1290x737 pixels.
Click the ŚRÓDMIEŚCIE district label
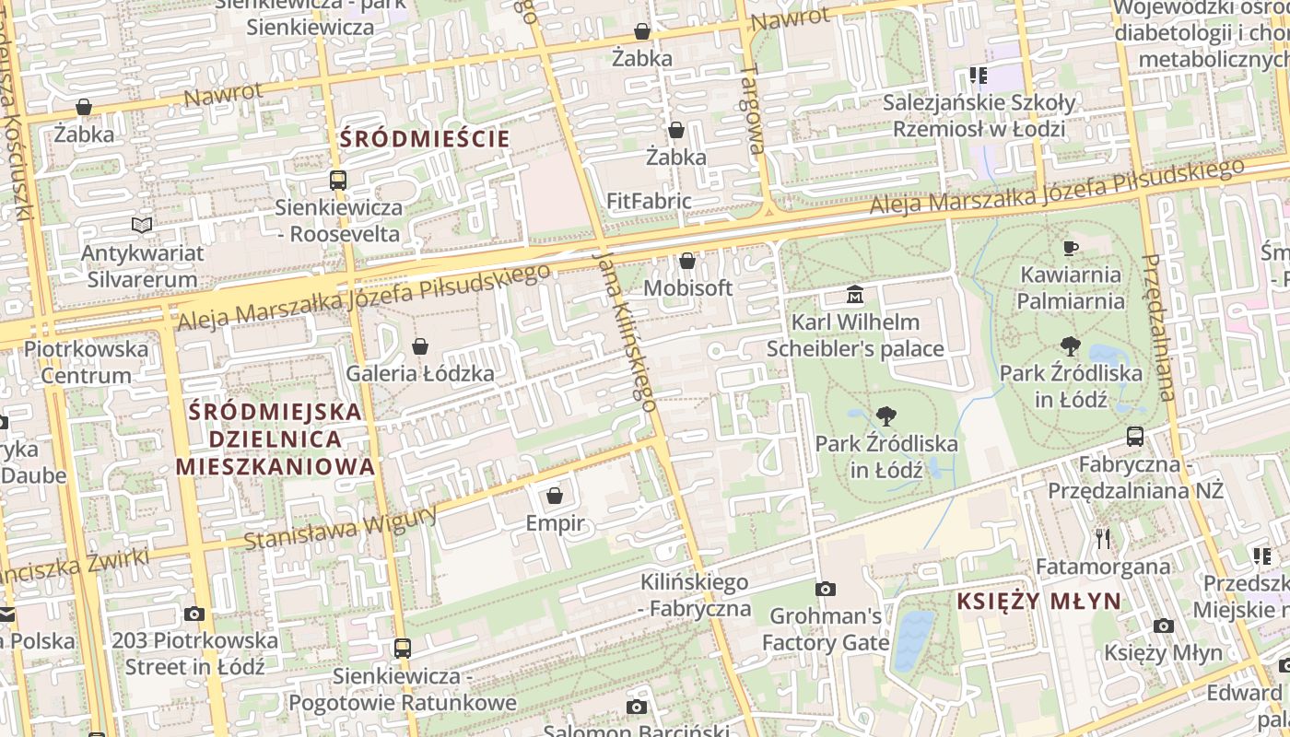click(x=425, y=139)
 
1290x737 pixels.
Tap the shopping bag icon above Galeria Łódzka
click(x=420, y=346)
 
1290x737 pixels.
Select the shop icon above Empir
click(x=555, y=497)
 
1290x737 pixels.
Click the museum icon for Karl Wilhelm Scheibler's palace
click(x=855, y=295)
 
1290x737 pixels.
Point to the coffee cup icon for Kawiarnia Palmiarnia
click(x=1071, y=248)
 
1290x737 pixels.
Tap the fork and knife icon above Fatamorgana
click(x=1102, y=538)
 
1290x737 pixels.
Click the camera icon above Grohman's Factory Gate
click(x=826, y=589)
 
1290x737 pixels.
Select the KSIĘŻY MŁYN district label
click(x=1038, y=602)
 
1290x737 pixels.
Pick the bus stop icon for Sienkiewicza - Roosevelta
click(x=338, y=181)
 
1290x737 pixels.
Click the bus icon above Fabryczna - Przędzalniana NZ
click(x=1135, y=437)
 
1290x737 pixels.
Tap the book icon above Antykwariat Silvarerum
click(x=142, y=225)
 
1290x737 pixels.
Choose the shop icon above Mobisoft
click(x=687, y=262)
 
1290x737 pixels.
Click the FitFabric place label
click(x=649, y=201)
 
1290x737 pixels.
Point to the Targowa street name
click(x=753, y=109)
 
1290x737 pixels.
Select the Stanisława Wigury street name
click(x=341, y=529)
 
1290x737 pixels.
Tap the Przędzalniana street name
click(x=1158, y=327)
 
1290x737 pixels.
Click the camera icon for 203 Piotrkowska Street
click(x=193, y=614)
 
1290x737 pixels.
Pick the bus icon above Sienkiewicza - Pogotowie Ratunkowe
click(x=402, y=648)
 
